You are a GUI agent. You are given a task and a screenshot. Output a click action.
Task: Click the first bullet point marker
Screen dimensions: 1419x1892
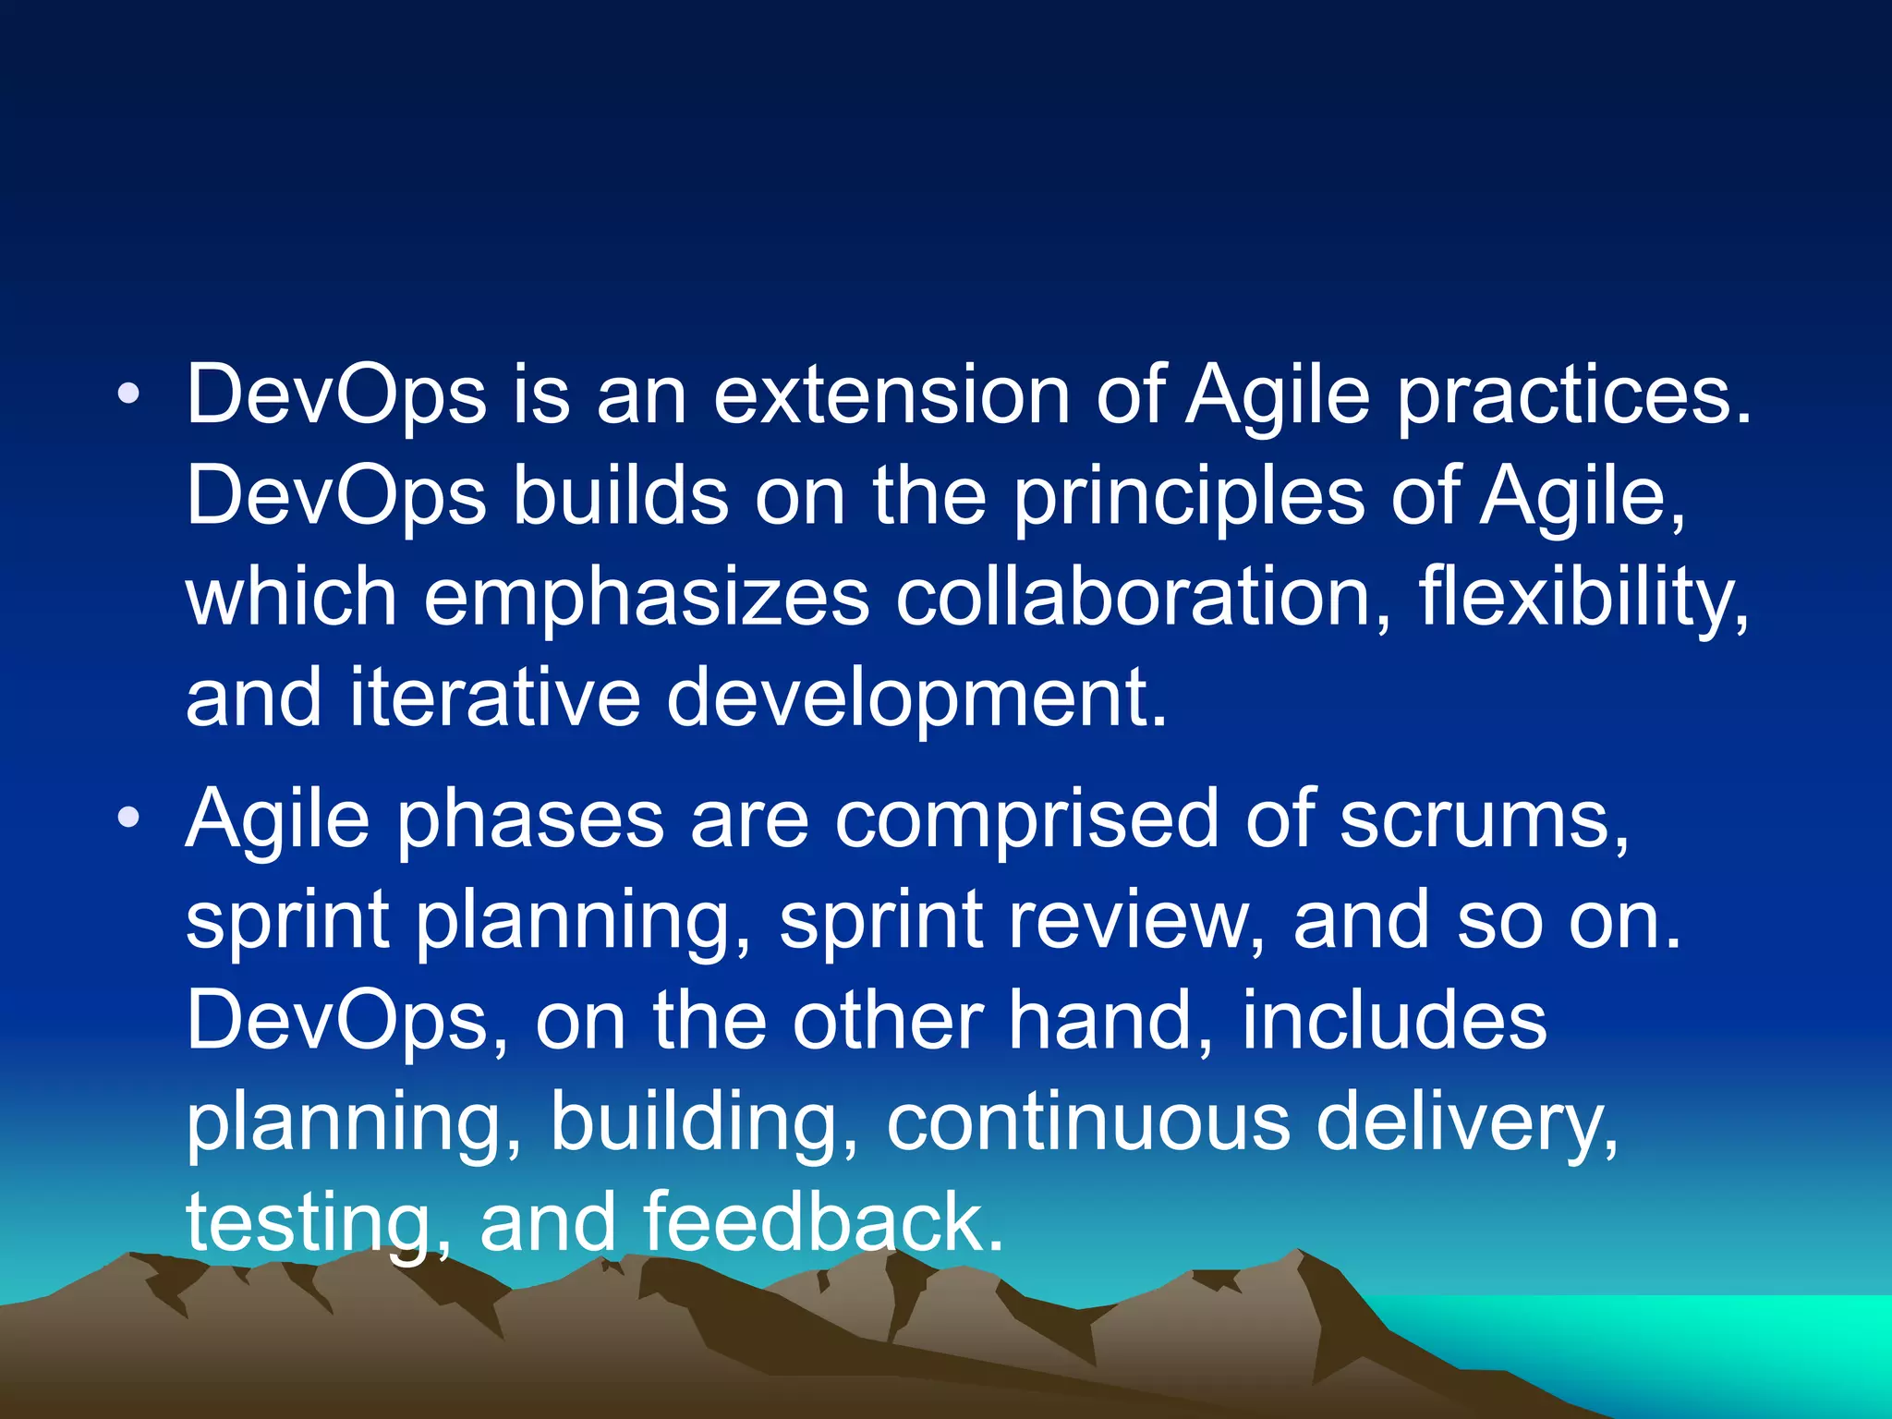pos(128,396)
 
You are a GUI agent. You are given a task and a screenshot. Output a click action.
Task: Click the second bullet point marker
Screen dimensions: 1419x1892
pos(128,818)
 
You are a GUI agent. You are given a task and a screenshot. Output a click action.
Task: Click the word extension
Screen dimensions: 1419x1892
pos(891,396)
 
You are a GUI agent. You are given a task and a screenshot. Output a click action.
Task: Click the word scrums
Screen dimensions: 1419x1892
pos(1484,819)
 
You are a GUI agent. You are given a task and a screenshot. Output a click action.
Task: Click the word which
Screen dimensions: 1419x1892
pos(291,598)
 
